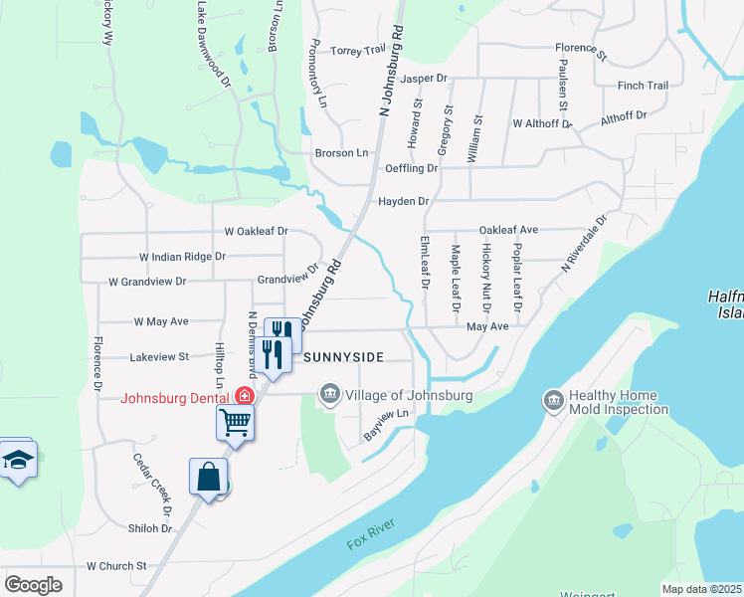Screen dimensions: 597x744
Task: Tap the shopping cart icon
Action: (236, 421)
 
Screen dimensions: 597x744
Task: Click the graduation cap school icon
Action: (18, 461)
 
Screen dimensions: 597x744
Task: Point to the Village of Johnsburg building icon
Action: (329, 396)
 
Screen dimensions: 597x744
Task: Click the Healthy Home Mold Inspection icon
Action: (554, 401)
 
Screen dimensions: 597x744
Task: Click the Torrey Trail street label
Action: (357, 51)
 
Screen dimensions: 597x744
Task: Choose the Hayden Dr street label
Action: (403, 202)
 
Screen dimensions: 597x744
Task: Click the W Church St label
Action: (116, 566)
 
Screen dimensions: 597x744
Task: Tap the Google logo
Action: (33, 585)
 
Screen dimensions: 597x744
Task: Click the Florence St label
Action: (581, 48)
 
